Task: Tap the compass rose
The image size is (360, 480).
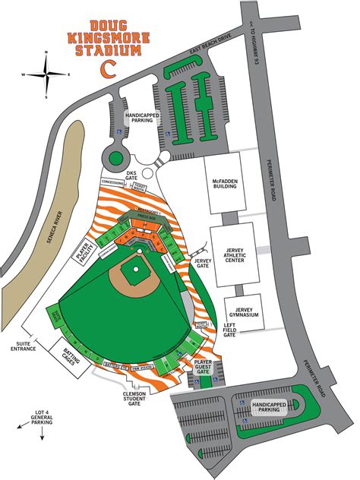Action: point(49,74)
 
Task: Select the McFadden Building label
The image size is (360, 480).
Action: point(225,184)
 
